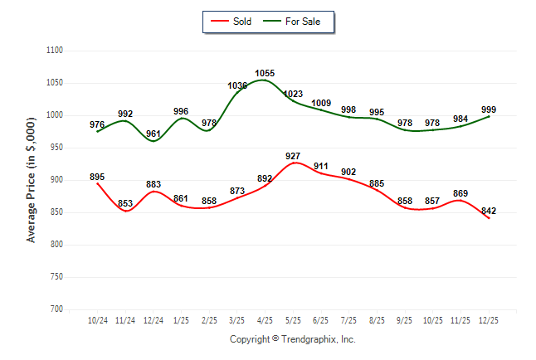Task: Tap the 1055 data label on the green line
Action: pyautogui.click(x=266, y=73)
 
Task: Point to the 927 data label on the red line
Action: pyautogui.click(x=293, y=156)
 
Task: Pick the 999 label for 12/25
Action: pyautogui.click(x=489, y=109)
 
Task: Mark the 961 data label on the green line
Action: pyautogui.click(x=153, y=134)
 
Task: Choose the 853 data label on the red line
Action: pyautogui.click(x=125, y=204)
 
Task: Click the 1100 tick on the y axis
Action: pyautogui.click(x=55, y=51)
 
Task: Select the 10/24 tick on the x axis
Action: pyautogui.click(x=97, y=320)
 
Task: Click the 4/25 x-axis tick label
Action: pyautogui.click(x=265, y=320)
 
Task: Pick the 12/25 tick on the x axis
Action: pyautogui.click(x=489, y=320)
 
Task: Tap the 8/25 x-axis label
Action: pyautogui.click(x=377, y=320)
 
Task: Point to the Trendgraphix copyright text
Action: pyautogui.click(x=292, y=339)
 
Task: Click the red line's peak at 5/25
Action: pyautogui.click(x=293, y=163)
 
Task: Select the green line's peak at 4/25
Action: pyautogui.click(x=265, y=80)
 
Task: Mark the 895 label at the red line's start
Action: pyautogui.click(x=97, y=177)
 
